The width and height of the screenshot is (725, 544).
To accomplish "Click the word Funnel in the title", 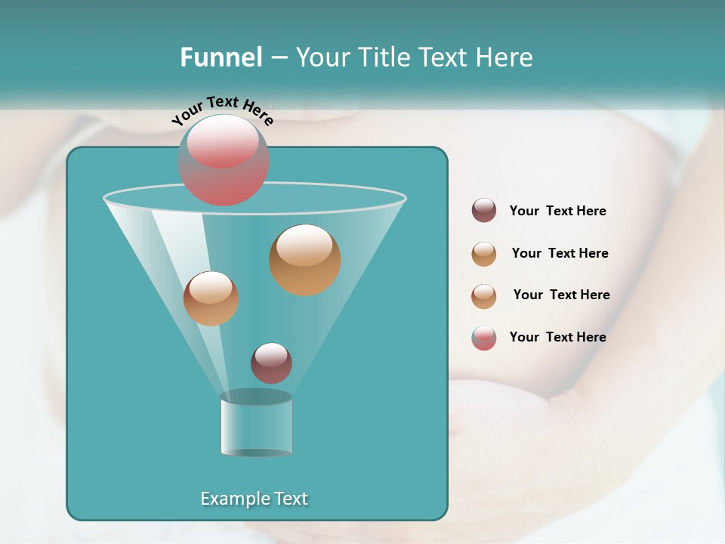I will coord(221,57).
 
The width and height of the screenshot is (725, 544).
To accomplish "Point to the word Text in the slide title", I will coord(443,57).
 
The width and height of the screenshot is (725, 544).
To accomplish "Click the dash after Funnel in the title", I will coord(278,58).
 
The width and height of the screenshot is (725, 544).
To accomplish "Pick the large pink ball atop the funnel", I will coord(224,160).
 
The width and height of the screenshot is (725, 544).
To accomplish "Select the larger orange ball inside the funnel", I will coord(304,260).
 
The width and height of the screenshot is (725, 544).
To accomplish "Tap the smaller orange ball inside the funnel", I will coord(211,298).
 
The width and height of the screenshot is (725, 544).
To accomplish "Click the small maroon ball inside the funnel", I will coord(271,363).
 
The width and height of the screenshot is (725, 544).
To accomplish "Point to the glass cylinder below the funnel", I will coord(256,424).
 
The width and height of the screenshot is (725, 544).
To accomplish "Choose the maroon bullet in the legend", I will coord(484,211).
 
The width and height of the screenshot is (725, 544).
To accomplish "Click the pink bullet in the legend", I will coord(484,338).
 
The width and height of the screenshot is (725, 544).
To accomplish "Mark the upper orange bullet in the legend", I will coord(484,254).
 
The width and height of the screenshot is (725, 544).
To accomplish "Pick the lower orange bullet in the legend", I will coord(484,296).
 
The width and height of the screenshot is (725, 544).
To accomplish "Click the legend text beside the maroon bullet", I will coord(557,212).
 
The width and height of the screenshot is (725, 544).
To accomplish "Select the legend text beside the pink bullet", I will coord(557,337).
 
